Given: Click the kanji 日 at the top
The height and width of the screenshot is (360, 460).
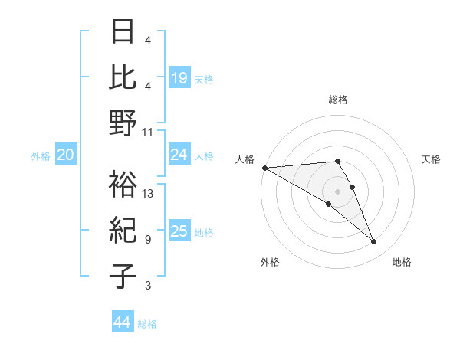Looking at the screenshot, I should click(123, 31).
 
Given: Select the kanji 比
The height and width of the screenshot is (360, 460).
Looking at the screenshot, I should click(123, 76).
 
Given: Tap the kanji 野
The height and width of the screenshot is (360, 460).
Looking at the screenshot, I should click(123, 123).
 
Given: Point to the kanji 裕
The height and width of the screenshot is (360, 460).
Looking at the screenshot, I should click(123, 185).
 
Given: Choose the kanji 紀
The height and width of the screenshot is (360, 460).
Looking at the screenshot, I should click(123, 231).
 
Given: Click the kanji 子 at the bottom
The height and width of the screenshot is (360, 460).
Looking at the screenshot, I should click(123, 277).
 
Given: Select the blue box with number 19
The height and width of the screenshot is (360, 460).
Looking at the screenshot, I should click(179, 78).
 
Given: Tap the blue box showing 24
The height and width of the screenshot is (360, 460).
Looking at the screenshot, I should click(179, 155).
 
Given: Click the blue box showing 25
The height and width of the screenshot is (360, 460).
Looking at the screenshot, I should click(179, 231).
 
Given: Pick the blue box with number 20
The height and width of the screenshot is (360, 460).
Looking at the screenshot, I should click(66, 155).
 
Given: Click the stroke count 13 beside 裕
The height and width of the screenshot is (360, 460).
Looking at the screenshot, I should click(149, 194).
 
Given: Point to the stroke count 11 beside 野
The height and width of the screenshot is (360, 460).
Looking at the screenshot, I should click(148, 132).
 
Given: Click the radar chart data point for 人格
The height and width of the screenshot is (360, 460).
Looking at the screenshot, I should click(265, 168).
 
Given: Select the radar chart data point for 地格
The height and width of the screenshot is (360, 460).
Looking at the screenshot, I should click(373, 242).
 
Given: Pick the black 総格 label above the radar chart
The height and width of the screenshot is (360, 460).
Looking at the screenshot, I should click(337, 100).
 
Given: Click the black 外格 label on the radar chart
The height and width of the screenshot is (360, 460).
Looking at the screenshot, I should click(270, 262).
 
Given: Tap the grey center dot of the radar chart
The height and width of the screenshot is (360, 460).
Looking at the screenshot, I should click(337, 191).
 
